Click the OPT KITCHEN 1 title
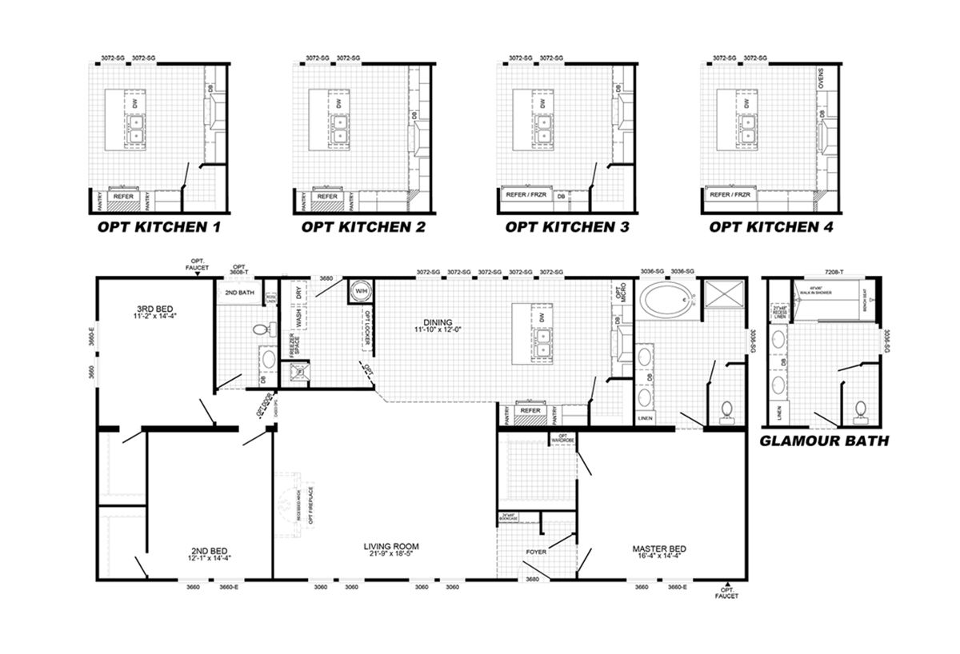(x=158, y=227)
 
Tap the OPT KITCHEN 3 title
(x=566, y=227)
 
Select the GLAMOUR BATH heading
(x=823, y=441)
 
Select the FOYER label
(x=535, y=552)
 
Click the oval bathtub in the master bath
(x=666, y=301)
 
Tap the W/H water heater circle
(x=360, y=291)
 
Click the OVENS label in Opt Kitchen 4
(x=822, y=79)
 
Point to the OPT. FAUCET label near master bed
(x=728, y=592)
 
